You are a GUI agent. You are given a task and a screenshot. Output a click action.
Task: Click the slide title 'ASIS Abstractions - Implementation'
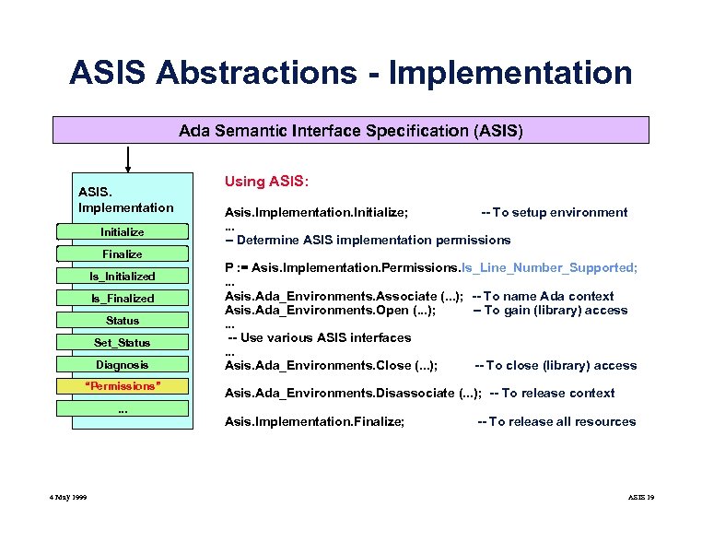350,72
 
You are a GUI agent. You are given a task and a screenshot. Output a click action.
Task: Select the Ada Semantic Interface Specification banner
351,131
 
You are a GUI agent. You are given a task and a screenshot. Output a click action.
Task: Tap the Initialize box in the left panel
123,231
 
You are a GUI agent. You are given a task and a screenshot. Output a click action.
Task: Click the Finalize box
123,253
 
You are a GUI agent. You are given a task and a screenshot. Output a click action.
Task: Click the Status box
123,321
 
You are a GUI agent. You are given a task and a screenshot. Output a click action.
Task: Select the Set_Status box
123,343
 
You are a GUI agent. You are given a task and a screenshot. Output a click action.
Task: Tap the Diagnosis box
123,365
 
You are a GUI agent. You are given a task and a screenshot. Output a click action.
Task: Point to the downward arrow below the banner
127,159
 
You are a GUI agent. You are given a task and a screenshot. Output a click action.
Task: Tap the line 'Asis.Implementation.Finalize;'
315,421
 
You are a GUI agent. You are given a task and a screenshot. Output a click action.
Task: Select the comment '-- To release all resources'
556,421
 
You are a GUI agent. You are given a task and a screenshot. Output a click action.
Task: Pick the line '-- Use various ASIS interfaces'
319,337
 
